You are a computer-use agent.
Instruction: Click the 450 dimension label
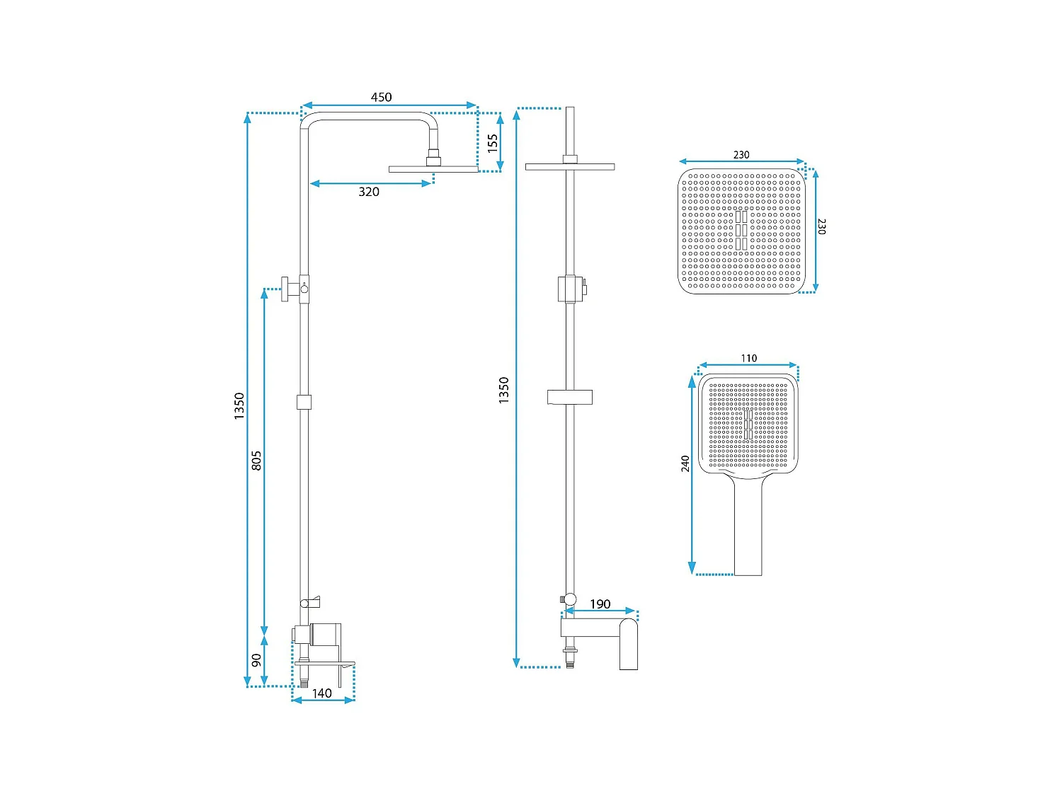point(381,97)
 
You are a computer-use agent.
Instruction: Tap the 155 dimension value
point(492,144)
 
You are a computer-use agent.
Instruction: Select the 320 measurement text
point(369,192)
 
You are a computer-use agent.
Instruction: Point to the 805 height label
point(256,460)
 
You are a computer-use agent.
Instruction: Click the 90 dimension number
point(256,659)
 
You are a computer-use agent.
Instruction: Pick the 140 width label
point(321,693)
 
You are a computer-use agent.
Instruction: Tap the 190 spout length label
point(600,604)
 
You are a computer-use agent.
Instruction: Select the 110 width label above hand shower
point(748,358)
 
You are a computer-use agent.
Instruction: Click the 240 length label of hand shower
point(685,463)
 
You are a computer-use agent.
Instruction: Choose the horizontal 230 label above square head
point(741,155)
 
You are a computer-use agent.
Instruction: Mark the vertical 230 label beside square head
point(821,226)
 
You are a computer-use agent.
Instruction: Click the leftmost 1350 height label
point(239,406)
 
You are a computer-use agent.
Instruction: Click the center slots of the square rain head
point(741,230)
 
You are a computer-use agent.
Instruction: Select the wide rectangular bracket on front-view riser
point(569,397)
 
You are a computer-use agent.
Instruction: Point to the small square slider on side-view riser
point(304,402)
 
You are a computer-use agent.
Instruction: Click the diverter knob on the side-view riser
point(285,289)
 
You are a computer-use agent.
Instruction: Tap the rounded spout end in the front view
point(629,644)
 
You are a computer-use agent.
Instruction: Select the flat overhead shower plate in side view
point(433,169)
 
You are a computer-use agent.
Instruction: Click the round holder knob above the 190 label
point(571,599)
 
